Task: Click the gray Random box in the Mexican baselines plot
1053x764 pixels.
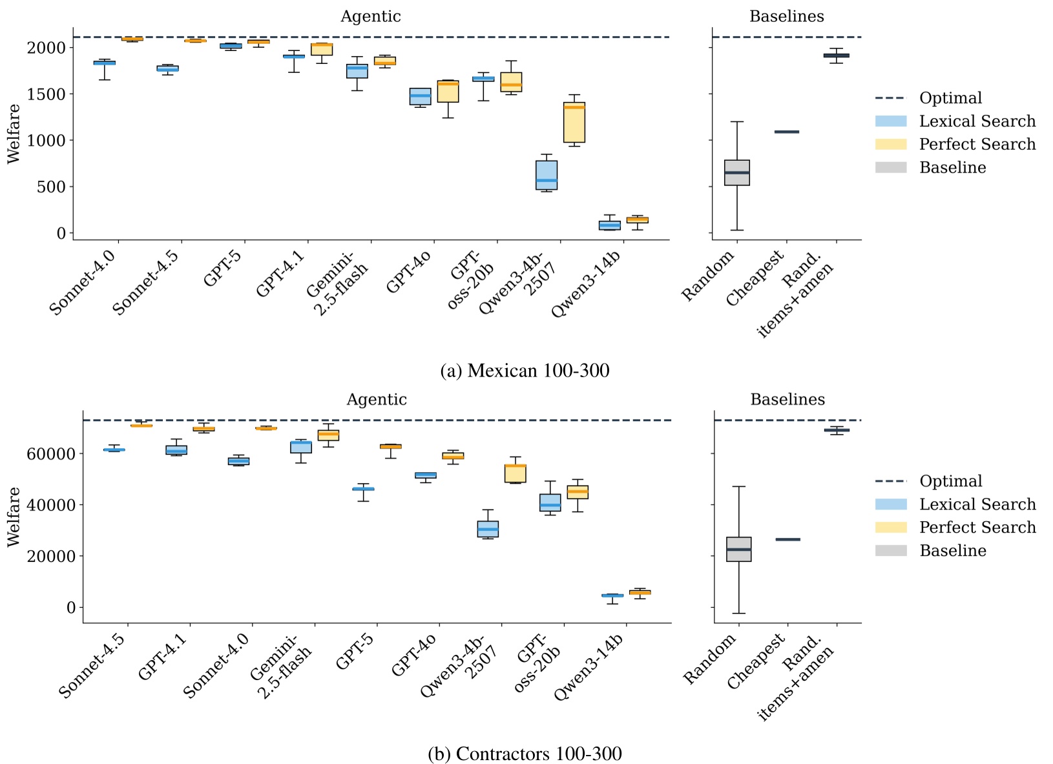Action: click(x=737, y=172)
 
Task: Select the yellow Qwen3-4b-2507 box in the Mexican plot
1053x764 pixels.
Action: click(x=574, y=123)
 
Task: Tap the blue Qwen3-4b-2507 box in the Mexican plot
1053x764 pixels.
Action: click(x=547, y=175)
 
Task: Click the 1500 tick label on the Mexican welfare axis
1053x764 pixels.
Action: click(x=47, y=94)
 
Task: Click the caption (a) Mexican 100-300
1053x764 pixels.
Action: click(x=525, y=371)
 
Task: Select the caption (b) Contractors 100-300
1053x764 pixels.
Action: click(x=525, y=754)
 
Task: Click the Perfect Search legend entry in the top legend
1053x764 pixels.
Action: click(x=976, y=144)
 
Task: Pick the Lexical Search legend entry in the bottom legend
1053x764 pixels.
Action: click(x=976, y=504)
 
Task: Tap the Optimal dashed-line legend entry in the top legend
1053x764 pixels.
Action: click(x=950, y=98)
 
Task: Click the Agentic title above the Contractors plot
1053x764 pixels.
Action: click(x=376, y=399)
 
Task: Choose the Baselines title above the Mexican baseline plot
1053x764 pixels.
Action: click(x=786, y=16)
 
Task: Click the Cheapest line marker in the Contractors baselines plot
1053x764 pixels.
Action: click(x=787, y=539)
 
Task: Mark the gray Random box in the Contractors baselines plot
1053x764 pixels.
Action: click(x=738, y=549)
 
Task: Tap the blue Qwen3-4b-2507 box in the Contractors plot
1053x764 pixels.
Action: click(x=488, y=529)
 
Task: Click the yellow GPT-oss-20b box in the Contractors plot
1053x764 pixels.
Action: click(x=578, y=492)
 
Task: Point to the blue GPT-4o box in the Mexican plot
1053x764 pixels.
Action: click(x=420, y=96)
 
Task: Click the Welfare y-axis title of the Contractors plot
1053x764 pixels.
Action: click(x=14, y=517)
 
